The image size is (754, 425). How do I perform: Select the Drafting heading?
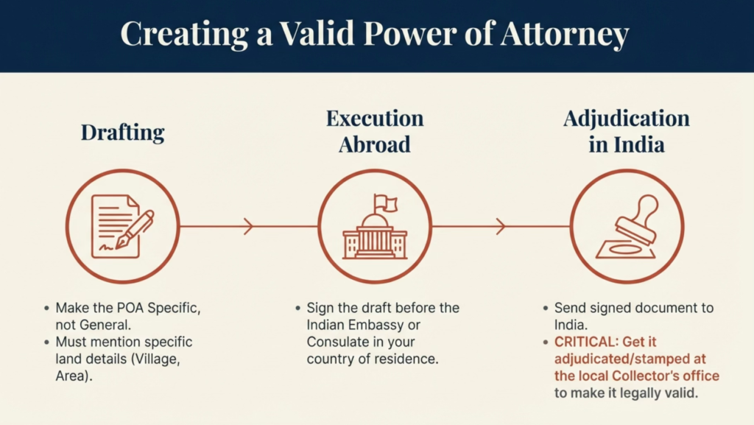pyautogui.click(x=122, y=133)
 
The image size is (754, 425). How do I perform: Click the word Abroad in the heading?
pyautogui.click(x=375, y=144)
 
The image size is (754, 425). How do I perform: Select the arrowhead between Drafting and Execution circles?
pyautogui.click(x=249, y=227)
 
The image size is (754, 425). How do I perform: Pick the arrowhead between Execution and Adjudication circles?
pyautogui.click(x=501, y=227)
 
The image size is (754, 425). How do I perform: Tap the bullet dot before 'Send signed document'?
pyautogui.click(x=545, y=308)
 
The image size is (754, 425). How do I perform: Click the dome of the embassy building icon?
pyautogui.click(x=376, y=222)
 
